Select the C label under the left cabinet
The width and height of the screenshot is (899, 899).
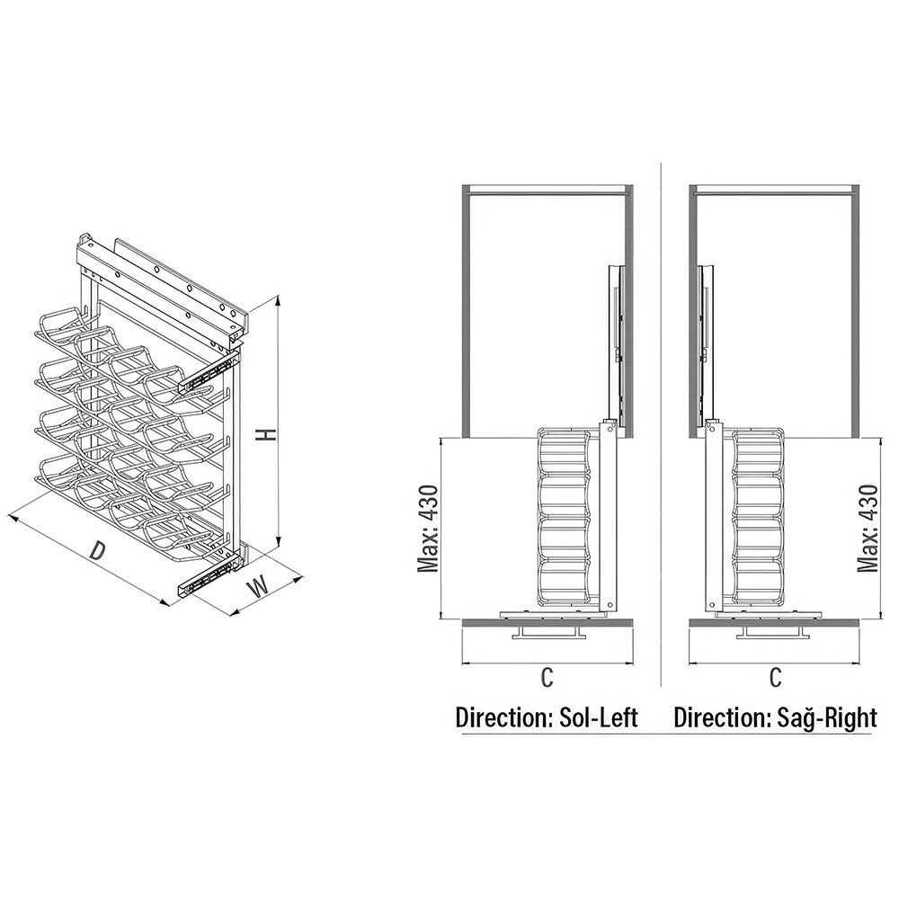pos(547,677)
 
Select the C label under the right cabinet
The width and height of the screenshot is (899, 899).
pos(775,677)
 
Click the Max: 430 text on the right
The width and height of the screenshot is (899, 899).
pos(868,529)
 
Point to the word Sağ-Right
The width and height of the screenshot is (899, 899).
pos(827,717)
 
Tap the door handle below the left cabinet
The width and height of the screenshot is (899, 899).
pos(549,632)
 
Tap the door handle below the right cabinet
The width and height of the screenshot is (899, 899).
pos(774,632)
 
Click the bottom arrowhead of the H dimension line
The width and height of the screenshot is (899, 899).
pos(279,541)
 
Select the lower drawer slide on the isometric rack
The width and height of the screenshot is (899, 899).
pos(209,575)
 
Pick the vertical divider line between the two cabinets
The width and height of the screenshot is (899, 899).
pos(661,424)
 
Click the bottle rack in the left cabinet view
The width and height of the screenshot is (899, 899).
pos(564,516)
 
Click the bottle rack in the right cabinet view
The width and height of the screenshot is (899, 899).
pos(758,516)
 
